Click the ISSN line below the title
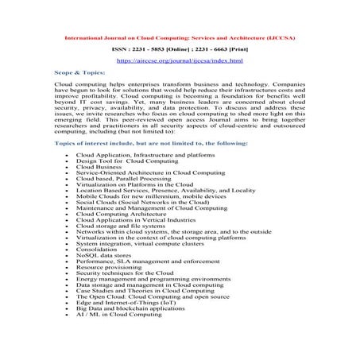(180, 48)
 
